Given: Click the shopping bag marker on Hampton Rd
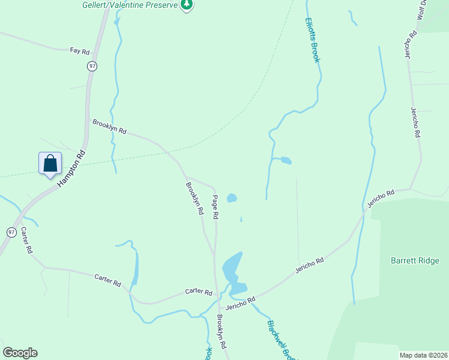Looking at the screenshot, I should [x=50, y=163].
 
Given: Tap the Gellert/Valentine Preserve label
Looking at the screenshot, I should [x=130, y=5].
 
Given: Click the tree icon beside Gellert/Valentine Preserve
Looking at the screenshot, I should [x=187, y=5].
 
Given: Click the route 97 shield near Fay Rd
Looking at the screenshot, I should [x=91, y=66].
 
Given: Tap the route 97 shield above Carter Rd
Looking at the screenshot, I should [x=11, y=232].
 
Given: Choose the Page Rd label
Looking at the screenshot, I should [x=215, y=206].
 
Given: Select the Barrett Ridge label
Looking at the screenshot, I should [x=415, y=261].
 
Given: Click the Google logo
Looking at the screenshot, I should [x=20, y=353].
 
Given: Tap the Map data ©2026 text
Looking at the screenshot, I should [x=423, y=355].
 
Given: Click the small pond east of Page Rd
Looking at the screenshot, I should [x=232, y=197].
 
